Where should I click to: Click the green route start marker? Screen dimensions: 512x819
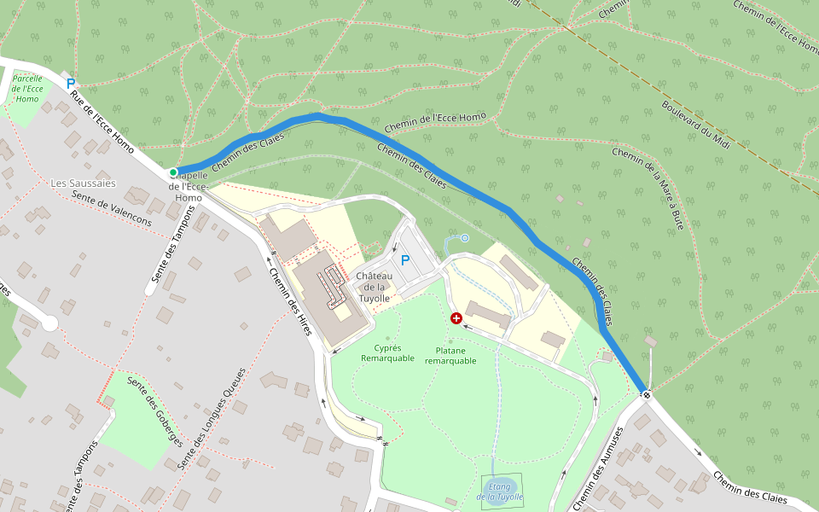pos(173,172)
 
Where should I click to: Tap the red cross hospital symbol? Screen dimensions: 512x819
pos(456,318)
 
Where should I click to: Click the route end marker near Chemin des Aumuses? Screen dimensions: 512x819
pos(646,394)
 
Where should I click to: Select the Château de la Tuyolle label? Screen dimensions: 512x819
pos(373,287)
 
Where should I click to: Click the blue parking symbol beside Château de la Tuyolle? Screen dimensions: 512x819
pos(404,259)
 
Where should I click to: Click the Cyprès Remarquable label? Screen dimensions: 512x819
pos(387,353)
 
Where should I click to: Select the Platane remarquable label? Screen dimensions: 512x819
pos(450,355)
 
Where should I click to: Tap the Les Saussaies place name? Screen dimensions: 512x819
pos(83,183)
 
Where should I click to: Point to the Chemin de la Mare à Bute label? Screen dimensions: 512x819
pos(648,189)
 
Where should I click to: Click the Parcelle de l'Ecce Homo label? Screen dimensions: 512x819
pos(27,88)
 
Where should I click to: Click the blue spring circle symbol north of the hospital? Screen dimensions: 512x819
pos(464,239)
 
